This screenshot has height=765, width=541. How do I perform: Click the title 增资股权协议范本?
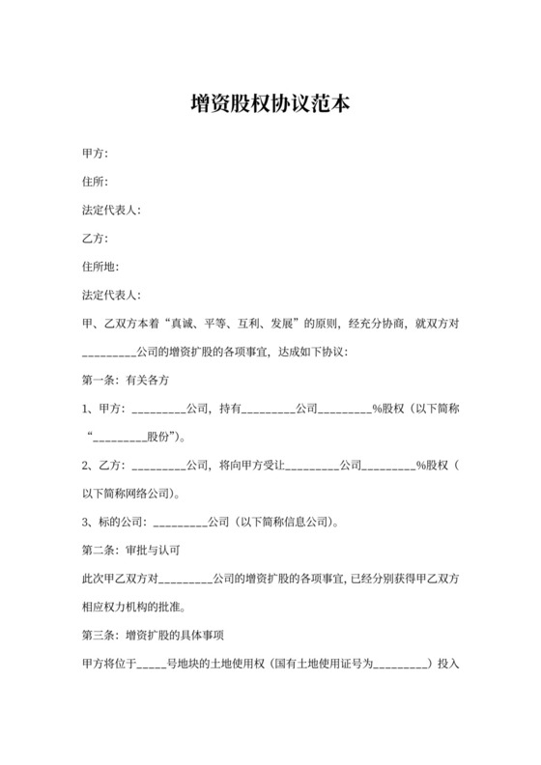[270, 103]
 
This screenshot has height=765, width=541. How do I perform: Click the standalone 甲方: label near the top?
[95, 154]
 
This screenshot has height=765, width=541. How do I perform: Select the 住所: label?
[95, 182]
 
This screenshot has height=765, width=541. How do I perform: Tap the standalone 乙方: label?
[95, 238]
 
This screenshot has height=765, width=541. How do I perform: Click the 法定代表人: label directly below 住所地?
[112, 294]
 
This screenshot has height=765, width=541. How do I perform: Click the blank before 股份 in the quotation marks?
[120, 437]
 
